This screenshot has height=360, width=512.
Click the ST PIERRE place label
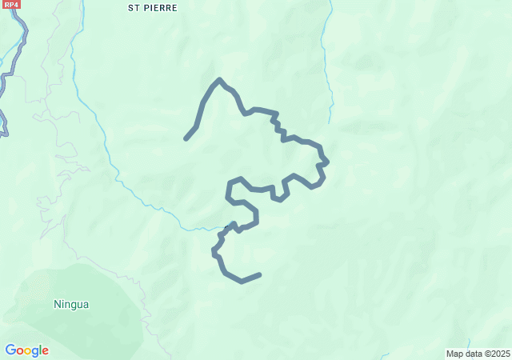pos(154,8)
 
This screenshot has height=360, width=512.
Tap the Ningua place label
pos(71,304)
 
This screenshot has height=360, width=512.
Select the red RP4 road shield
pos(10,4)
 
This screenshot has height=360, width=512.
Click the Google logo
pos(26,350)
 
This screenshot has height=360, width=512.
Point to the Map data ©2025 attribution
pos(478,354)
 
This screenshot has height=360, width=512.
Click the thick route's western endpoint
pos(186,138)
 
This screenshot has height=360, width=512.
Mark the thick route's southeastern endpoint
pos(259,275)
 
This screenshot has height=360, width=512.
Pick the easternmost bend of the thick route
pos(326,162)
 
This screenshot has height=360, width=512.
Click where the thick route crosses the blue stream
pos(230,228)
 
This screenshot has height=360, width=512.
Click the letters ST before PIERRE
pos(135,8)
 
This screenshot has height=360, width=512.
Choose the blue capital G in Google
pos(10,350)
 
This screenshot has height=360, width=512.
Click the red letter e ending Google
pos(45,351)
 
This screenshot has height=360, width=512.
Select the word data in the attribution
pos(474,354)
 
